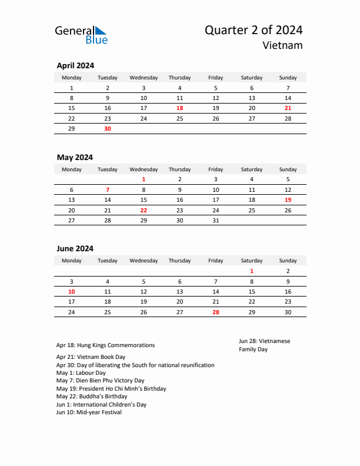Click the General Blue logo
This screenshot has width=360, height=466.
(81, 35)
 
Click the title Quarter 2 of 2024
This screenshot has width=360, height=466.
(254, 30)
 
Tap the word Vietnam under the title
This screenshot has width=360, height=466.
(283, 45)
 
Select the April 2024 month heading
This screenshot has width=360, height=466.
(75, 66)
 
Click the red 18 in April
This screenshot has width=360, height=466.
(179, 108)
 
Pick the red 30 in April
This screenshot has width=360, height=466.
(108, 128)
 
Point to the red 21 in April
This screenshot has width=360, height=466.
(288, 108)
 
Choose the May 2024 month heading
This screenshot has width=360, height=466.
(75, 157)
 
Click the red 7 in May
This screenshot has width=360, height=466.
(108, 190)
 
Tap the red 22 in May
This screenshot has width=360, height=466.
(144, 210)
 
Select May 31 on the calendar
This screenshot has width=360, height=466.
(216, 220)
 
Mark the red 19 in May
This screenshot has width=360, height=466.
(288, 200)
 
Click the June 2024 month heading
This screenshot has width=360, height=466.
(75, 248)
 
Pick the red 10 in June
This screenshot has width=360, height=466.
(72, 291)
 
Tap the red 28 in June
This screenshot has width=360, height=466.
(216, 312)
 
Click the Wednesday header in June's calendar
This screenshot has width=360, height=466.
(144, 261)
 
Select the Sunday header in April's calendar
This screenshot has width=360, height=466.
(288, 78)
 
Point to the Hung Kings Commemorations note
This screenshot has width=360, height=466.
(106, 345)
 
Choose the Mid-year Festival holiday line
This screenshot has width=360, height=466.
(89, 412)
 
